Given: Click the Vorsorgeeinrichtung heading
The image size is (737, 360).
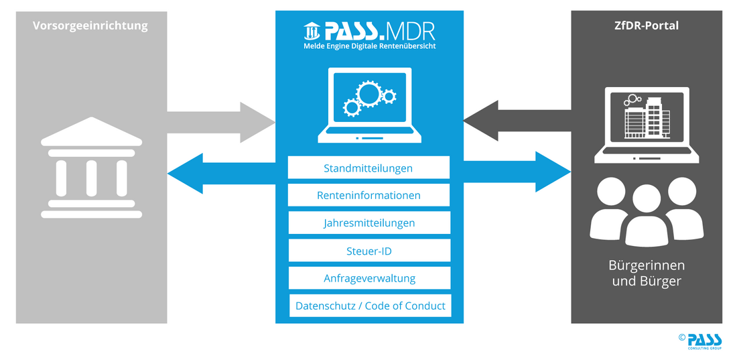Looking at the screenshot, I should (90, 26).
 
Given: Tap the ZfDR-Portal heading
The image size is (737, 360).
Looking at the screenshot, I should (647, 26).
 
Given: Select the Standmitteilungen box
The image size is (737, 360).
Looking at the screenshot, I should (368, 168).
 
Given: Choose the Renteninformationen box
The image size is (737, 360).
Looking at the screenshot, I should (368, 195).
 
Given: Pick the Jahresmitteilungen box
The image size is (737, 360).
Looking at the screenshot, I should (369, 223).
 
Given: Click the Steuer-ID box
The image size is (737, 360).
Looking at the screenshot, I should (369, 251).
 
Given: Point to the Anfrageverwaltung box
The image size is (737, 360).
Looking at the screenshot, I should (369, 278).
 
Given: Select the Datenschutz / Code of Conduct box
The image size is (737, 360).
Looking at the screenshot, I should (371, 306).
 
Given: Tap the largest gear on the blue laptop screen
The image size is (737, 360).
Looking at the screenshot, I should (368, 94).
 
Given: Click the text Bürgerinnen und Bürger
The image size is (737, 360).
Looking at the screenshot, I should (647, 273).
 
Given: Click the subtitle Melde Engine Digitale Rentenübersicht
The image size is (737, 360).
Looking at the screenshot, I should (369, 46).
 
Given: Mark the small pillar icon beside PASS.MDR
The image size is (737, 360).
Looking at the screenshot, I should (312, 31).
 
